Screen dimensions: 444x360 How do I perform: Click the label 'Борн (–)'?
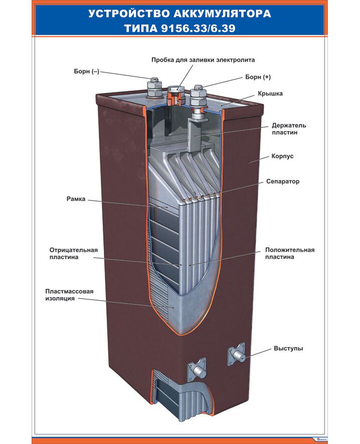87,72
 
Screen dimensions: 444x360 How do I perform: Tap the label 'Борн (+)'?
258,77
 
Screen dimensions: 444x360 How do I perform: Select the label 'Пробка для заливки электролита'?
203,60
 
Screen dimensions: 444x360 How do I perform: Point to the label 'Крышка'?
270,93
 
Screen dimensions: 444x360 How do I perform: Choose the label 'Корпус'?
283,156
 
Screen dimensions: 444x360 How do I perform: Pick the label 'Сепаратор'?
283,181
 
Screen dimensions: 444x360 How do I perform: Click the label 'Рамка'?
76,199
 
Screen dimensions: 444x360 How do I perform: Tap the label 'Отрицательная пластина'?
73,254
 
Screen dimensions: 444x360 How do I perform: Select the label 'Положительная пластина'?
290,254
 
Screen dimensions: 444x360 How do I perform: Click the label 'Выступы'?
288,348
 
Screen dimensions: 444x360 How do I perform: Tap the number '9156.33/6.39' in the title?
206,29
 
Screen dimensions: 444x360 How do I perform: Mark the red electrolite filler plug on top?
175,94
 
